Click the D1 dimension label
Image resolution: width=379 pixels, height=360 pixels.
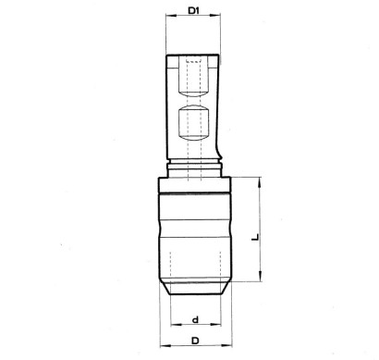tap(194, 11)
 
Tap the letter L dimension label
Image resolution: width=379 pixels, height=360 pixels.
tap(255, 237)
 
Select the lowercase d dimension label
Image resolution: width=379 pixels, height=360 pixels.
tap(195, 320)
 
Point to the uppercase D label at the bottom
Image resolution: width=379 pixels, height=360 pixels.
tap(195, 341)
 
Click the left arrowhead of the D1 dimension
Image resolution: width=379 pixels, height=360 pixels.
tap(171, 15)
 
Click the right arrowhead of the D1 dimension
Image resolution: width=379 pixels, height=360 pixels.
tap(215, 15)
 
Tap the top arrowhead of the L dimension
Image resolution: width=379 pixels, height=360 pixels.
tap(261, 182)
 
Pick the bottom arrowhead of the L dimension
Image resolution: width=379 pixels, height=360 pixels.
tap(261, 276)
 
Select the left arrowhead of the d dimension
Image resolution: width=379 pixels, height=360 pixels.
tap(176, 325)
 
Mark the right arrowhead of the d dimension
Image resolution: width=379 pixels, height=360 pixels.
tap(215, 325)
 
